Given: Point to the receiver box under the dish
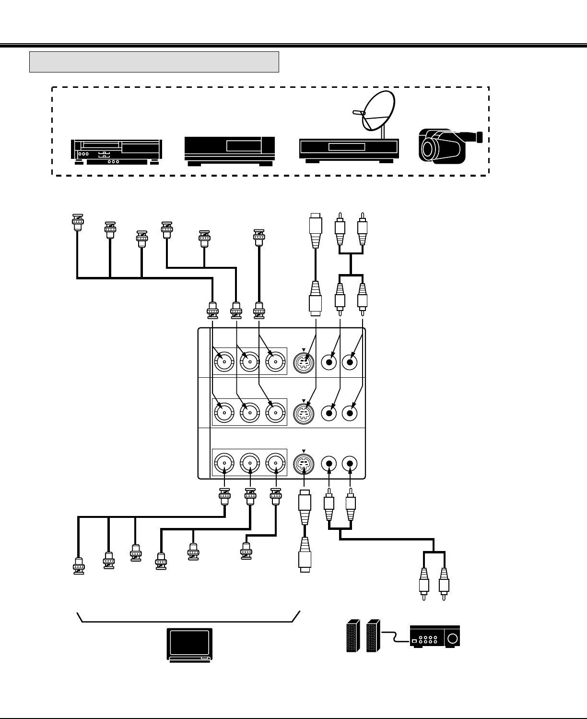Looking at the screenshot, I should [349, 150].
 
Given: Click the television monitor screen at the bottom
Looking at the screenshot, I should [189, 643].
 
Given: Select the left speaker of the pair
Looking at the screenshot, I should [353, 637].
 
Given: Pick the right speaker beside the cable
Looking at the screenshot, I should [373, 637].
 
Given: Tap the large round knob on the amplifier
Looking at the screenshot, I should [452, 639].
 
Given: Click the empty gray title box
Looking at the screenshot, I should [154, 62].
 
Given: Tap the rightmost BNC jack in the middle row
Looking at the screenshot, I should [276, 413].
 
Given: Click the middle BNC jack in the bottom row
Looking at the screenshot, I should [250, 464].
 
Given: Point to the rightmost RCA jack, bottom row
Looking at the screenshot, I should [350, 464].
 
